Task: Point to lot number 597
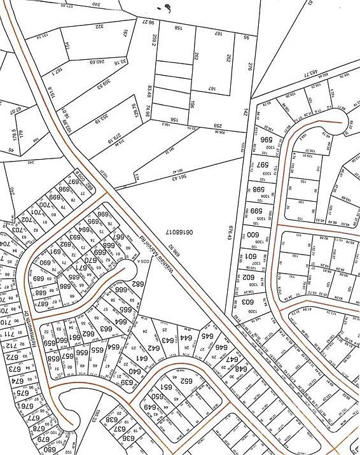click(262, 165)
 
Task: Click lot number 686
click(65, 286)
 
